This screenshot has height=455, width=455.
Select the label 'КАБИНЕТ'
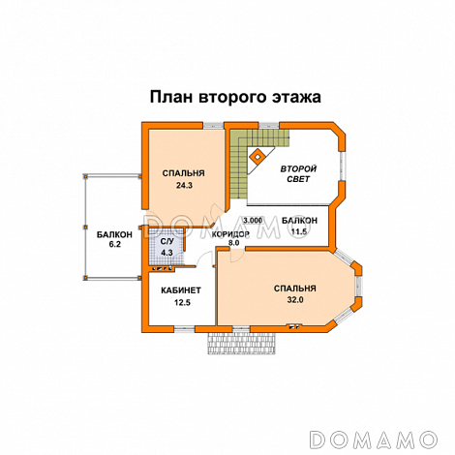tap(181, 290)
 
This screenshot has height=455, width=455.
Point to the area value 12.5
tap(182, 303)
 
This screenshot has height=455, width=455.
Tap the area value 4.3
tap(167, 253)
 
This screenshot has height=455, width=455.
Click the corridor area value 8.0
tap(233, 246)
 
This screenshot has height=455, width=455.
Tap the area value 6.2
tap(113, 246)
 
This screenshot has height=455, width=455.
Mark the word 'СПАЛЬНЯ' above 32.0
tap(294, 288)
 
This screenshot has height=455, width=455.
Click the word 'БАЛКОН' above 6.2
tap(114, 234)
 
